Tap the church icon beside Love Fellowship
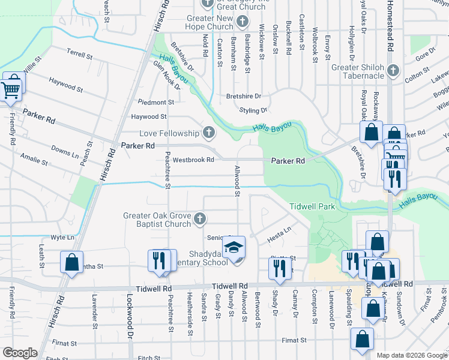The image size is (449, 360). [209, 133]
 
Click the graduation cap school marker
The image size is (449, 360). [234, 247]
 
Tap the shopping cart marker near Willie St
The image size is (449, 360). [11, 90]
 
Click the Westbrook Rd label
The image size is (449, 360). [193, 160]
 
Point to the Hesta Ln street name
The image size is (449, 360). [279, 234]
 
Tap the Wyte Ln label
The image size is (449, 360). [62, 238]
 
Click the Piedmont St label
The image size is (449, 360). [155, 102]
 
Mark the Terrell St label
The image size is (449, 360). [80, 55]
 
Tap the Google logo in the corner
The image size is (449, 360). [20, 353]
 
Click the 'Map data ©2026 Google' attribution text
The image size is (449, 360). [411, 355]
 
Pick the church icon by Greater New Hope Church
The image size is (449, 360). [243, 23]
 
